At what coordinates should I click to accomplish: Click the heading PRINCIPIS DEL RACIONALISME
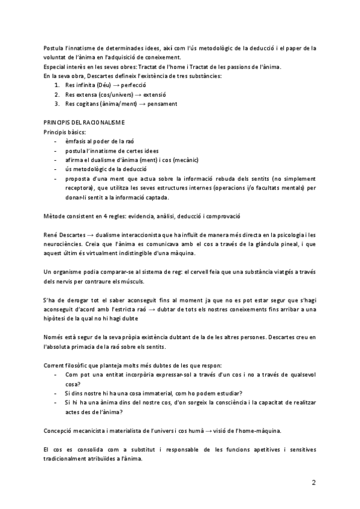tap(84, 123)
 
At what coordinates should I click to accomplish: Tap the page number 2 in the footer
tap(314, 482)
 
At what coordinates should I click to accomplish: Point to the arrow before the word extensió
tap(138, 95)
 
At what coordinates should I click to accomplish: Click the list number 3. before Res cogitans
tap(56, 104)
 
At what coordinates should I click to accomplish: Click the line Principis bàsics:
tap(65, 131)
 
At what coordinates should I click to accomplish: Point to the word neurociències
tap(68, 243)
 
